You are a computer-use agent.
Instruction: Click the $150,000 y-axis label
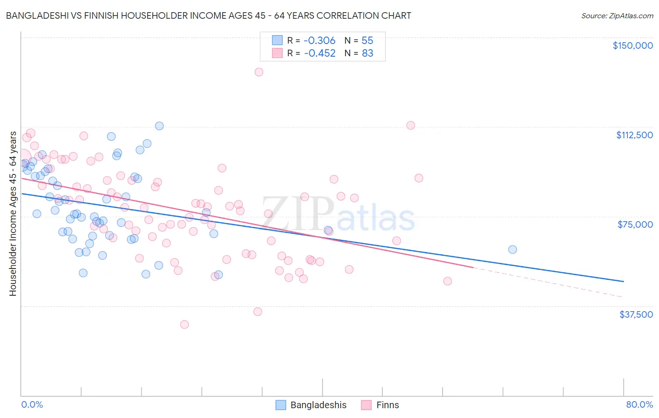pyautogui.click(x=632, y=45)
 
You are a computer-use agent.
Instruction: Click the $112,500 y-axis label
pyautogui.click(x=634, y=135)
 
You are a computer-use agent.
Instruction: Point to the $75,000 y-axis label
pyautogui.click(x=635, y=224)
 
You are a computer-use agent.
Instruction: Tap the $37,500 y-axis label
pyautogui.click(x=636, y=314)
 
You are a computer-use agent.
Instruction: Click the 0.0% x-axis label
pyautogui.click(x=32, y=405)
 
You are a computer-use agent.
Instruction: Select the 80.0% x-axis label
pyautogui.click(x=639, y=405)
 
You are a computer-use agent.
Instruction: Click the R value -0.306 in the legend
pyautogui.click(x=320, y=41)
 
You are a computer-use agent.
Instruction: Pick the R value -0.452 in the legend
pyautogui.click(x=320, y=53)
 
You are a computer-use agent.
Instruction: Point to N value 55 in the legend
pyautogui.click(x=367, y=41)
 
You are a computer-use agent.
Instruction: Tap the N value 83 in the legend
pyautogui.click(x=367, y=53)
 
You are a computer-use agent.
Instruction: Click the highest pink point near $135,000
pyautogui.click(x=259, y=72)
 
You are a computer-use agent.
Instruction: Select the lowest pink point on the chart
pyautogui.click(x=184, y=325)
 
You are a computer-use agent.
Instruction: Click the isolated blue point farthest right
pyautogui.click(x=512, y=250)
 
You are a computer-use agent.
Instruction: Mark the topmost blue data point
pyautogui.click(x=159, y=126)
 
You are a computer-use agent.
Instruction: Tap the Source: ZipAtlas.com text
pyautogui.click(x=617, y=16)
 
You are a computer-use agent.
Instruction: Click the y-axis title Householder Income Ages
pyautogui.click(x=13, y=214)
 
